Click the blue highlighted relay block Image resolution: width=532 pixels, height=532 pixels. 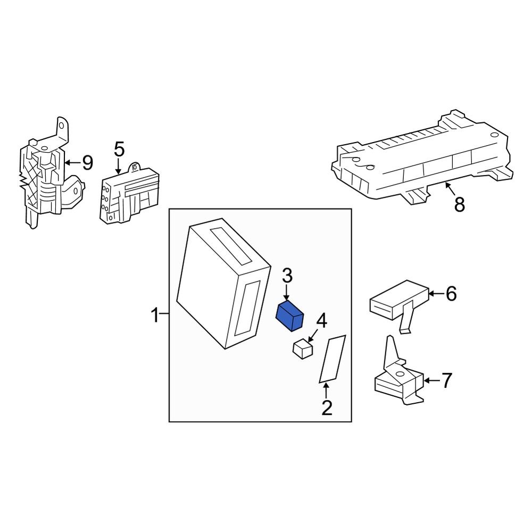point(289,316)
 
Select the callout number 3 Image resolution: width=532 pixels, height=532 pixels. point(287,276)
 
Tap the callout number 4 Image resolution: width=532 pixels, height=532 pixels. point(322,321)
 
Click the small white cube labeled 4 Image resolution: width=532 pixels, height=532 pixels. point(303,348)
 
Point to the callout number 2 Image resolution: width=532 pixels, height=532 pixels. point(327,408)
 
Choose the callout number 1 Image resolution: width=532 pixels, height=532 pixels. point(155,316)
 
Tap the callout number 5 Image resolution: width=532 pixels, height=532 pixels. point(119,149)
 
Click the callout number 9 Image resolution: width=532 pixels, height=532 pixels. point(87,162)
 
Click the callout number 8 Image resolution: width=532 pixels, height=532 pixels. point(459,204)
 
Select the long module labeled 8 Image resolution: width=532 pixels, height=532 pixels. point(420,160)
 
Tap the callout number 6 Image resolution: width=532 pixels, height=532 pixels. point(451,293)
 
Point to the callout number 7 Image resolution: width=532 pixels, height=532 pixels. point(446,380)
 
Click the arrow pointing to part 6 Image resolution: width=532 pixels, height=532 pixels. point(435,293)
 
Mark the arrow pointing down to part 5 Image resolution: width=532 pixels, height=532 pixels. point(118,165)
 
